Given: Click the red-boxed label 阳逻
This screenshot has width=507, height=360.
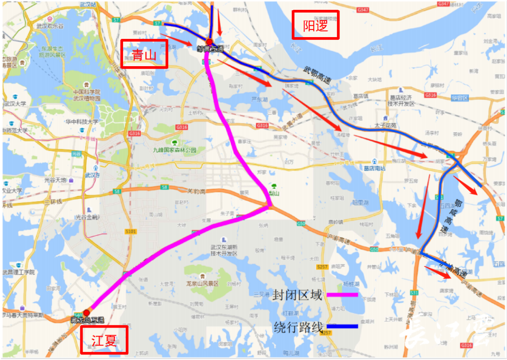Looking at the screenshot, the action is tap(315, 25).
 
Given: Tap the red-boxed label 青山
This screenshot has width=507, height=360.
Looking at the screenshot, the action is tap(144, 54).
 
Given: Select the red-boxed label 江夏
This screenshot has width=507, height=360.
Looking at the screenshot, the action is tap(104, 340).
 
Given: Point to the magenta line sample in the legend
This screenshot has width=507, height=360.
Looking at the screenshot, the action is tap(342, 295).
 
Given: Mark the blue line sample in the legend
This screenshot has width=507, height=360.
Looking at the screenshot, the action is tap(342, 326).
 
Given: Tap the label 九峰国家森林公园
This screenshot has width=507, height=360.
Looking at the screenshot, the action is tap(174, 150).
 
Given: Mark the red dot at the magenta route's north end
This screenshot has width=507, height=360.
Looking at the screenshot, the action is tap(209, 42).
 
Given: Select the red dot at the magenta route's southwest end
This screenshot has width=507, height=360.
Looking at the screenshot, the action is tap(86, 313).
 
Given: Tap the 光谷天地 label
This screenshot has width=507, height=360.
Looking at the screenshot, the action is tap(55, 180).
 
